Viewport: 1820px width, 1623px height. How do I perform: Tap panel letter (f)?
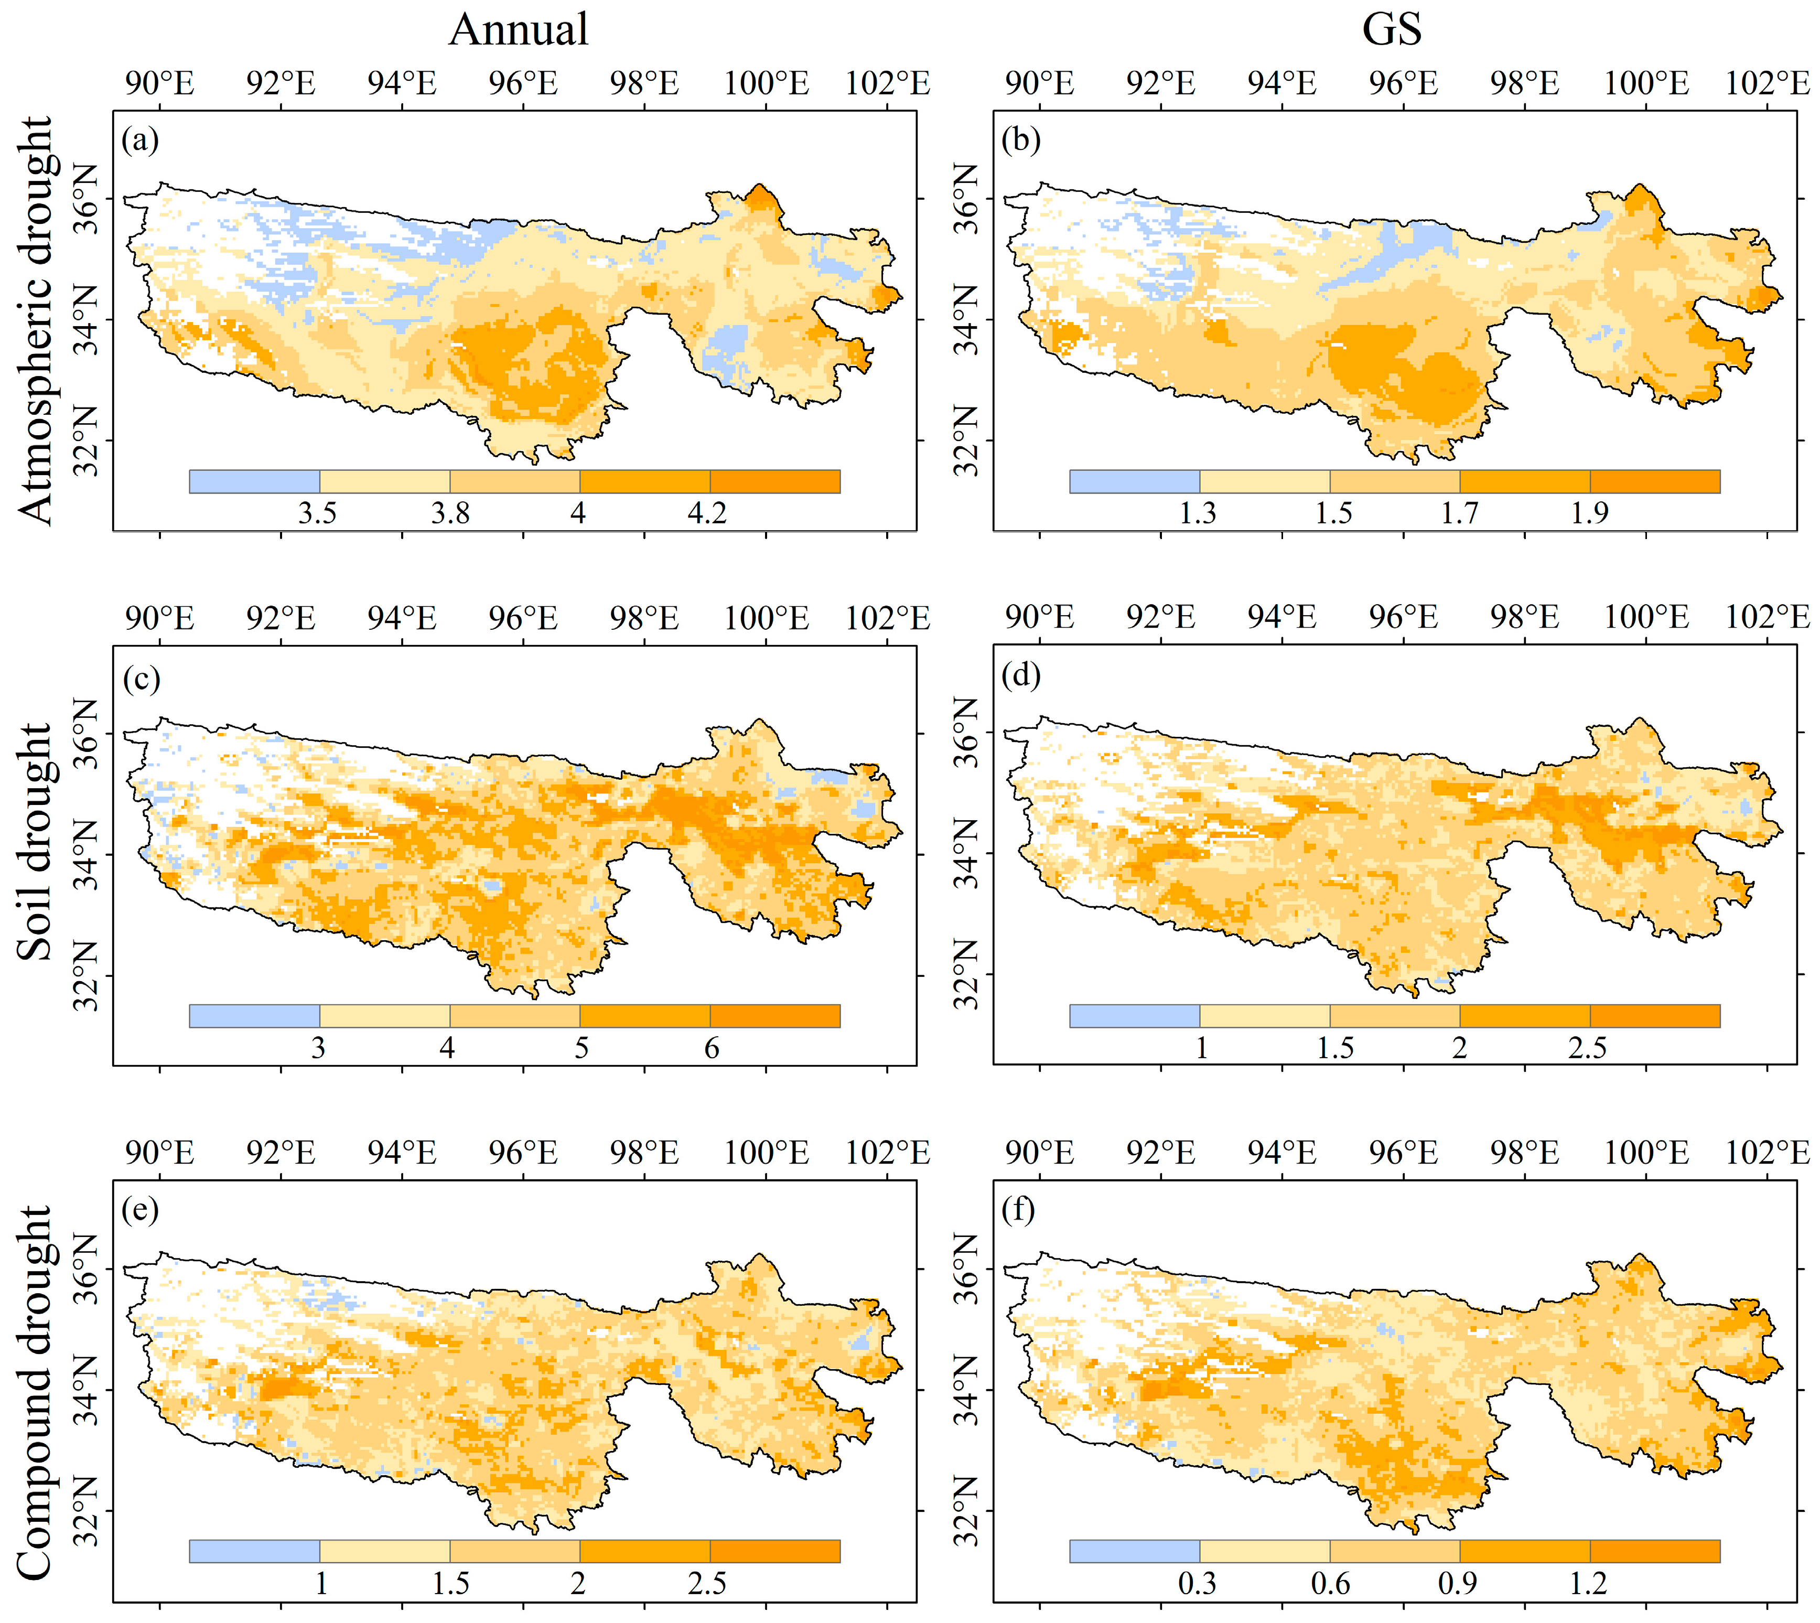[x=1018, y=1210]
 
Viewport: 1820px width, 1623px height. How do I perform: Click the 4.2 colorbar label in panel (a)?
[x=707, y=513]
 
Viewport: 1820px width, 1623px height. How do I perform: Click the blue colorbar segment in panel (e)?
[x=254, y=1551]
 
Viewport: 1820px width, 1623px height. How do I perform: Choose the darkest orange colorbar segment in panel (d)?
[x=1654, y=1016]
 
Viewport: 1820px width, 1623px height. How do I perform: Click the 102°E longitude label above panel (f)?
[x=1768, y=1153]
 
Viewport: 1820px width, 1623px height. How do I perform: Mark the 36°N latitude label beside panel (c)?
[x=87, y=733]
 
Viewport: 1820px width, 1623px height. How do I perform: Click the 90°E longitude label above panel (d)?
[x=1040, y=618]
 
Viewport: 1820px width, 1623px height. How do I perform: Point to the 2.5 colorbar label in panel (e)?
[x=707, y=1583]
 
